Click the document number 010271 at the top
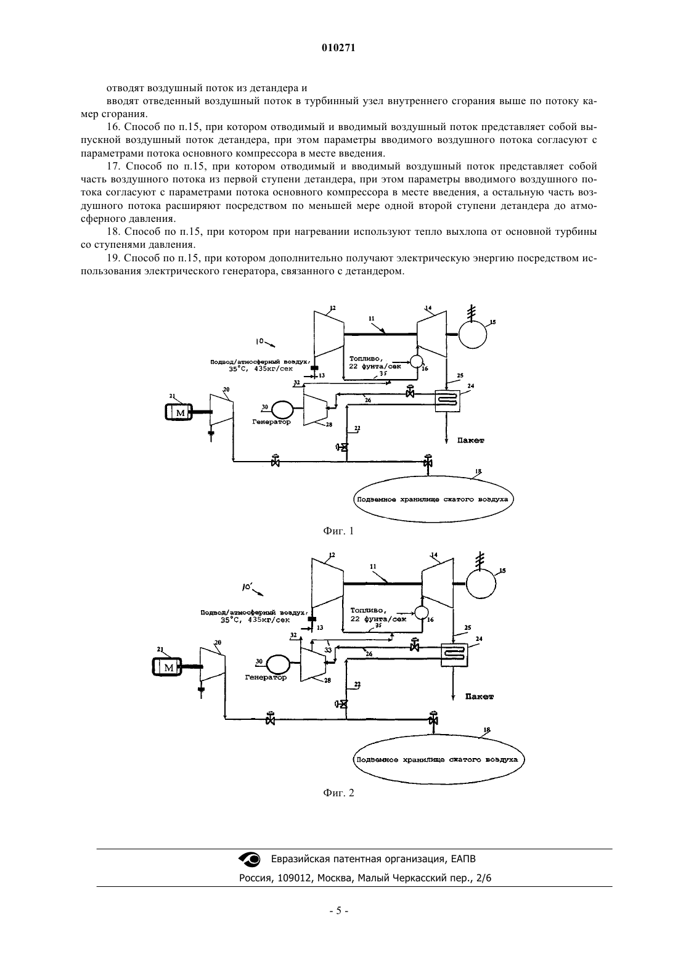[338, 48]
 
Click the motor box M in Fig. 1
[179, 412]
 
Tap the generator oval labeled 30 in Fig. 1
[282, 410]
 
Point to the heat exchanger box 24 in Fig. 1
[447, 401]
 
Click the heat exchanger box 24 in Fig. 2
[454, 655]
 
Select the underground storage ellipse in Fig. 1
[433, 499]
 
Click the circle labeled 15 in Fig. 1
[473, 334]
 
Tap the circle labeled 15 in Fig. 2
[481, 584]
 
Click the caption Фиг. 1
[338, 531]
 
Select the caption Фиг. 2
[338, 793]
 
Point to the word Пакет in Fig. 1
[470, 441]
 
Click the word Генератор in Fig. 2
[266, 678]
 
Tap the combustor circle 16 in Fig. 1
[416, 361]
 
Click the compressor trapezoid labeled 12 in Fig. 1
[329, 334]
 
